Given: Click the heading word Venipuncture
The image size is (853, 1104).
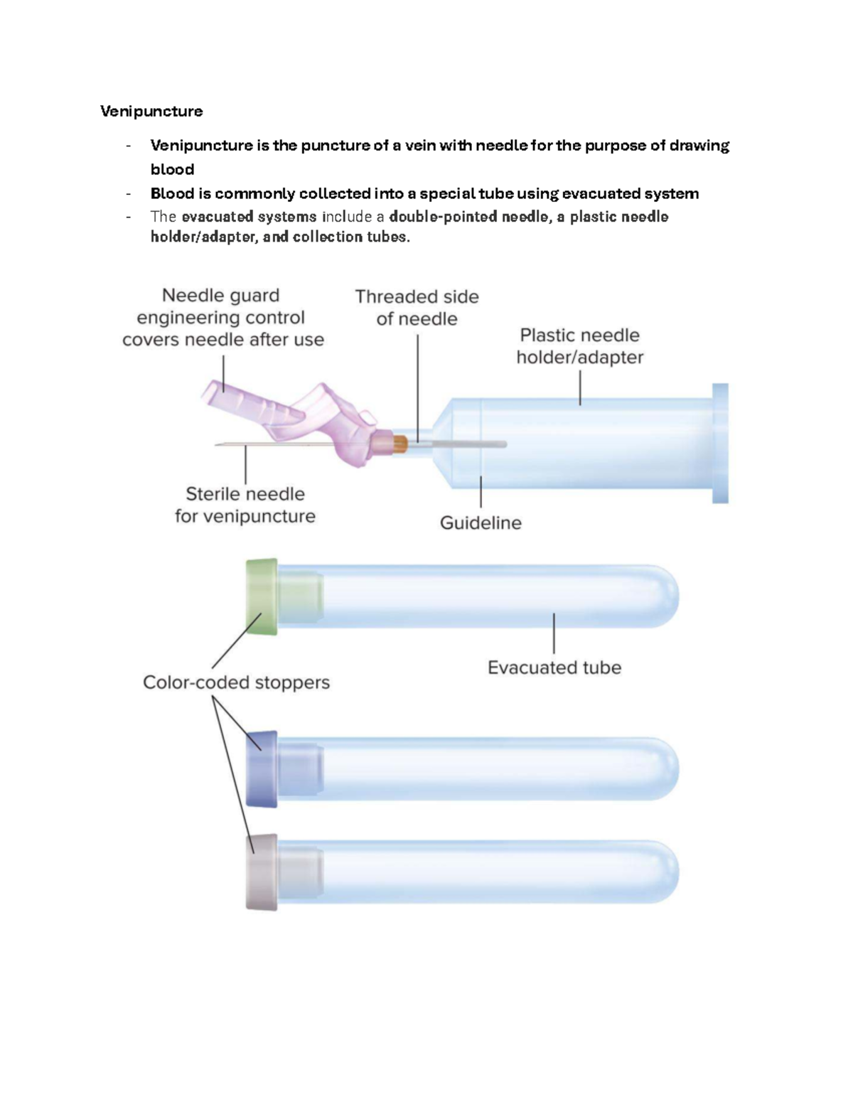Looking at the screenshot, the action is tap(151, 112).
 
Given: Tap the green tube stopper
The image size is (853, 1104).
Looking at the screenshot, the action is tap(262, 596).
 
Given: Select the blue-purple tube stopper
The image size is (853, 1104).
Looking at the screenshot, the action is tap(262, 768).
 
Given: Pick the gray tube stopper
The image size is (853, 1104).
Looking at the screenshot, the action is tap(262, 872).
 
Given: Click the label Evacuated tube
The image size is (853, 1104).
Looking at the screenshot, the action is tap(554, 668).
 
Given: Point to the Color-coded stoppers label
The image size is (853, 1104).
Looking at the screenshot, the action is tap(236, 682).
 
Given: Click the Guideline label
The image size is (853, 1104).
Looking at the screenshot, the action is tap(481, 522).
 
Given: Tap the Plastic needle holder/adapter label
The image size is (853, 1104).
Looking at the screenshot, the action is tap(579, 346).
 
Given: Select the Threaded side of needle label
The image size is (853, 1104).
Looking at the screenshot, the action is tap(417, 308).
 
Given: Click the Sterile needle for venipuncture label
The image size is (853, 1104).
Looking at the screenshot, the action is tap(245, 505).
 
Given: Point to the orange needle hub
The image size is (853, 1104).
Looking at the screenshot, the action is tap(399, 444).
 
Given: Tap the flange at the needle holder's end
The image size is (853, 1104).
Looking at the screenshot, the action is tap(720, 444).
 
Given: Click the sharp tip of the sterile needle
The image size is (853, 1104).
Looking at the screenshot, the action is tap(215, 444).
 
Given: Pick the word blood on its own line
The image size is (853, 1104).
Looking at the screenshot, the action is tap(172, 169).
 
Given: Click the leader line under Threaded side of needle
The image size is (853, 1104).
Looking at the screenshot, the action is tap(417, 388).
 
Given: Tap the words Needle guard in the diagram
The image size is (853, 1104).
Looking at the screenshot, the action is tap(220, 296).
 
